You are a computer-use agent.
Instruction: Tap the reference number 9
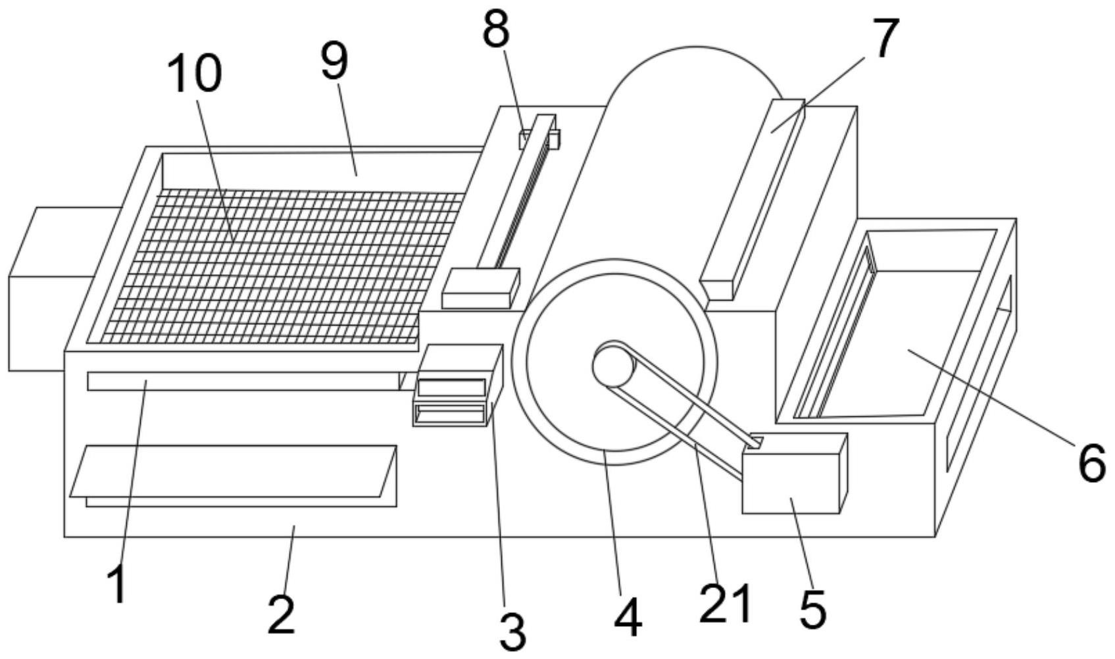(x=334, y=61)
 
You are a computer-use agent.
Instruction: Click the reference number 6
(x=1091, y=463)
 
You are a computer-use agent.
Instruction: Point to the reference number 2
(x=282, y=615)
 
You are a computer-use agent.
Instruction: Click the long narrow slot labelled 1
(x=243, y=381)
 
